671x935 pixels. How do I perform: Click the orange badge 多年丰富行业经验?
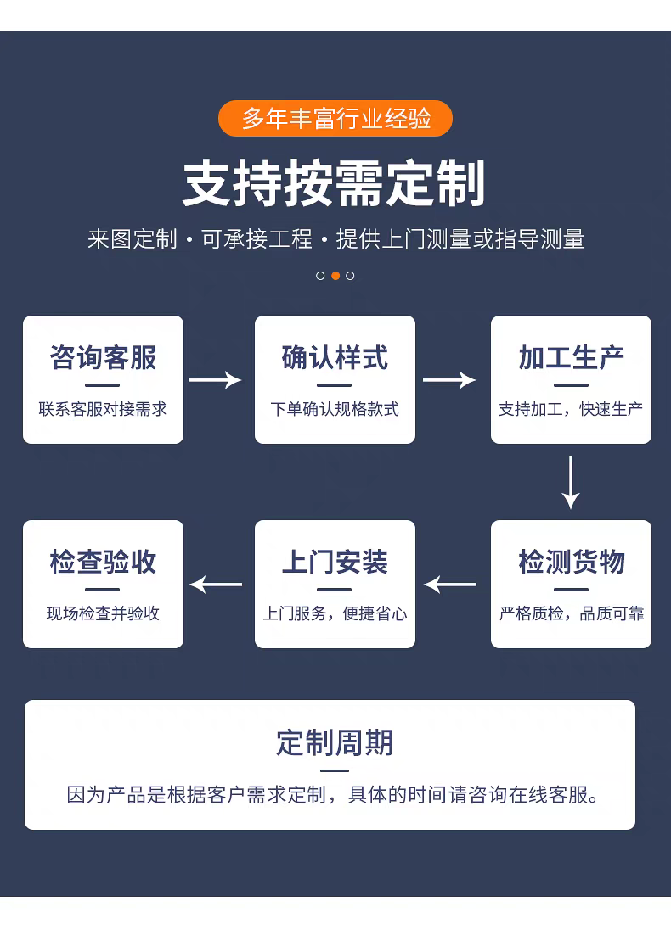pos(335,119)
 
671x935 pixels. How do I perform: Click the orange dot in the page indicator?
pos(335,276)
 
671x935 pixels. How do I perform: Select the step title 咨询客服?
pos(103,358)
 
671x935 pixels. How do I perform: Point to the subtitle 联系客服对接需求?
pos(103,409)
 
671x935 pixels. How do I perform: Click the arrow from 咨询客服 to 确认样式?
pos(215,380)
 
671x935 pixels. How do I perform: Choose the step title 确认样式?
pos(335,358)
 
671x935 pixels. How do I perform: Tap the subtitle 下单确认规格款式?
pos(335,409)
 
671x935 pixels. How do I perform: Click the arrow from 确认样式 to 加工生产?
pos(449,380)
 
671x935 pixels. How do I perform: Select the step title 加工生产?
pos(571,358)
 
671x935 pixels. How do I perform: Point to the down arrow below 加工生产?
pos(571,482)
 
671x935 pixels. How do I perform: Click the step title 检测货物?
pos(571,562)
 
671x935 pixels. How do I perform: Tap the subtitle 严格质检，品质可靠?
pos(571,613)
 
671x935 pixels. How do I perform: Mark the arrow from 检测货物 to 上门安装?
pos(450,585)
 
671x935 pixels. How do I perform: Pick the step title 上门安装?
pos(335,562)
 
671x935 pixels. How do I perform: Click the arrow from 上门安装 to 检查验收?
pos(216,585)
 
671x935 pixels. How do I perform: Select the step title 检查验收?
pos(103,562)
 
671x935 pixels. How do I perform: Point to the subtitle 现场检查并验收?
pos(103,613)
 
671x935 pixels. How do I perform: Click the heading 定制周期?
pos(335,743)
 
